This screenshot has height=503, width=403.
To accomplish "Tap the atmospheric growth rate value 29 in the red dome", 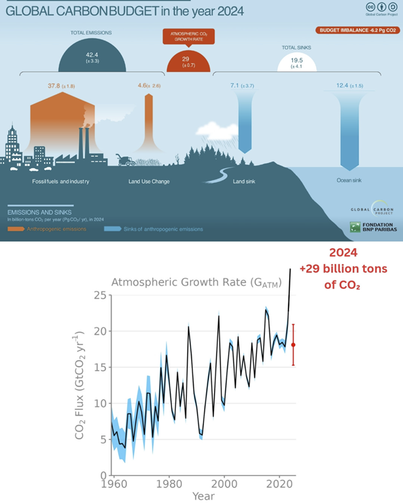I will click(x=185, y=59).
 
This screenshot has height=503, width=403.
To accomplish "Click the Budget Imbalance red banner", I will click(x=356, y=30).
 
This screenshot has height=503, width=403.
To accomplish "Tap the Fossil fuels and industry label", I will click(x=60, y=181).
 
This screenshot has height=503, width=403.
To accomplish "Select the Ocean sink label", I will click(x=349, y=181).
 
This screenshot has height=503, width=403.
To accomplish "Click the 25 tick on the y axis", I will click(x=99, y=295).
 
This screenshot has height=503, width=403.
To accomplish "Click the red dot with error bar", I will click(x=294, y=345).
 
